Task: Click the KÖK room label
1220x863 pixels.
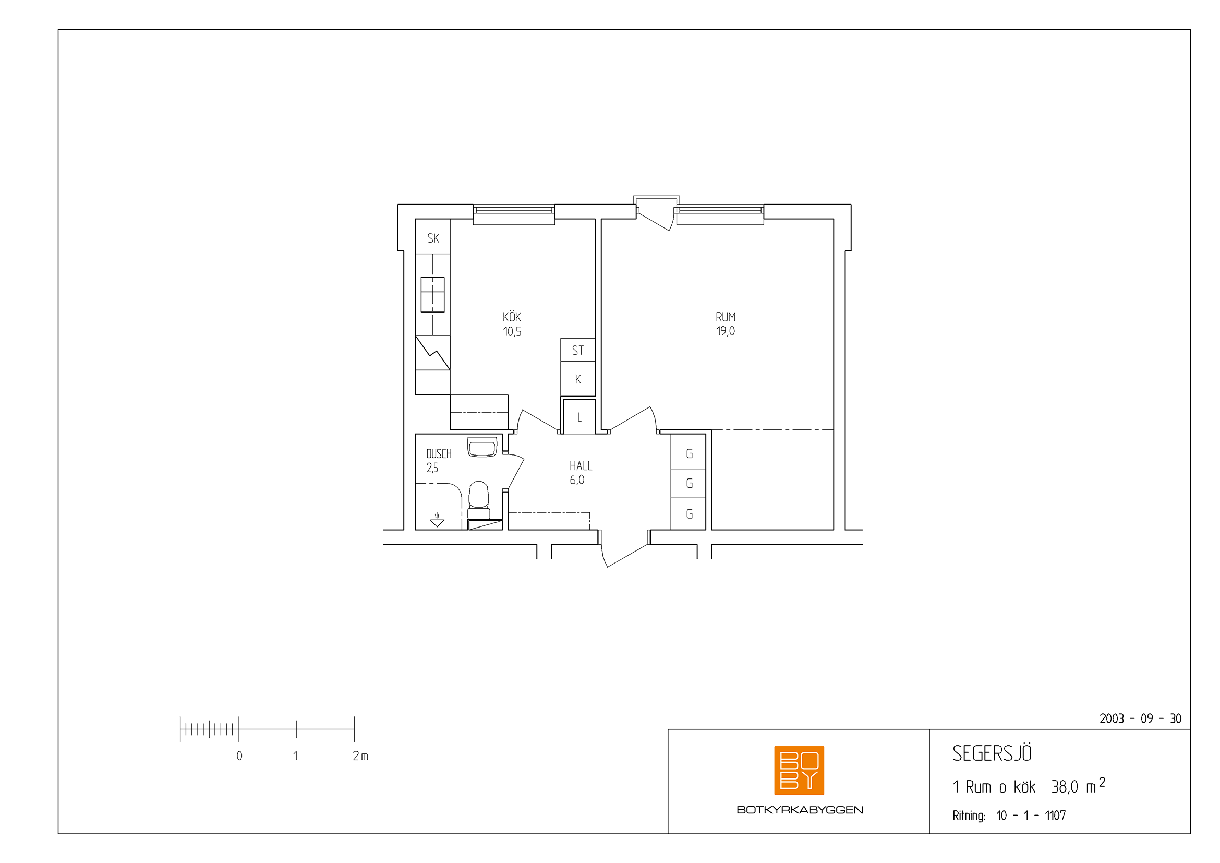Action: click(512, 317)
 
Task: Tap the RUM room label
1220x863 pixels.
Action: click(726, 317)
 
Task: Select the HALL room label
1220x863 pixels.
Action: click(580, 466)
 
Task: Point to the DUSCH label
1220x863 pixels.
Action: click(439, 454)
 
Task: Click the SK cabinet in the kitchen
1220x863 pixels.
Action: click(432, 236)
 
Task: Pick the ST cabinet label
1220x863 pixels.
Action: click(577, 351)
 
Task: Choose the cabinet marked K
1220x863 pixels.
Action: click(578, 379)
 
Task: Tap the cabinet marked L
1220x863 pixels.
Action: click(579, 416)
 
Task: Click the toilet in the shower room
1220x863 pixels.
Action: click(479, 500)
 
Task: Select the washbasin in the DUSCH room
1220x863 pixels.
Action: click(482, 447)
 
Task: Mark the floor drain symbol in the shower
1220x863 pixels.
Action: click(437, 520)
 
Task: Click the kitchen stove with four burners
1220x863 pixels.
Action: click(432, 294)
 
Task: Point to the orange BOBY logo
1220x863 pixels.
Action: click(799, 770)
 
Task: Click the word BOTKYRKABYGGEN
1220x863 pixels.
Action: click(800, 810)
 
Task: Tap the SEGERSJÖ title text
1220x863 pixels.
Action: click(992, 753)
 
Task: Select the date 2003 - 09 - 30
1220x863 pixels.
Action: click(1140, 718)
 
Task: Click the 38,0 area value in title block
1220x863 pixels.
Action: click(1065, 787)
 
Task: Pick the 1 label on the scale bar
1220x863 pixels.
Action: click(295, 756)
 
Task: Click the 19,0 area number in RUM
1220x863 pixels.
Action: click(726, 331)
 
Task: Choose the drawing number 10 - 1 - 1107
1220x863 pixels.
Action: click(1031, 815)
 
